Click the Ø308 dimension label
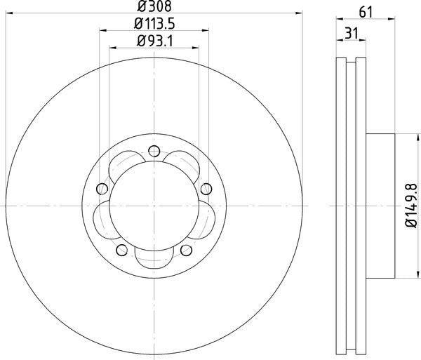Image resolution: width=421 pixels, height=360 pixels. click(154, 8)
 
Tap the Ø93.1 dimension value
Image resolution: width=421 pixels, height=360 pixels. click(154, 41)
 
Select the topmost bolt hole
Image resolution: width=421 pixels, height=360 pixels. click(154, 149)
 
